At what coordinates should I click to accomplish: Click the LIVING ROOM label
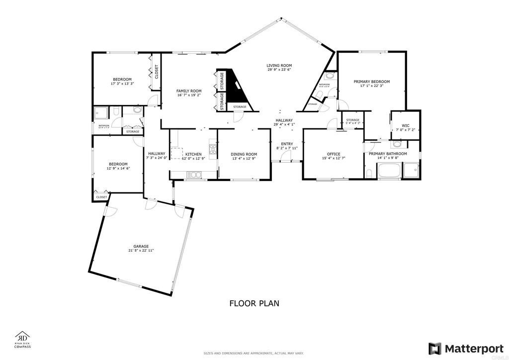tap(279, 65)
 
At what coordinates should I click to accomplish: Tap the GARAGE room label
tap(141, 246)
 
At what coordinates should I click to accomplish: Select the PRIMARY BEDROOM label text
tap(371, 81)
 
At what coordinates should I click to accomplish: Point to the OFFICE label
tap(333, 154)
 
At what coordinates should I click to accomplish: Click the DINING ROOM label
tap(244, 154)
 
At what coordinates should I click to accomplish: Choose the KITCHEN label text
tap(193, 154)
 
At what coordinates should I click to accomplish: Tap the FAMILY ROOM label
tap(189, 90)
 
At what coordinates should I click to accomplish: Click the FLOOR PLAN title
tap(254, 302)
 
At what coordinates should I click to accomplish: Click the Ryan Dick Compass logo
tap(23, 339)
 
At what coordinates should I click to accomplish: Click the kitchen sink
tap(193, 174)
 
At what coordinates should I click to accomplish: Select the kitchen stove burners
tap(213, 148)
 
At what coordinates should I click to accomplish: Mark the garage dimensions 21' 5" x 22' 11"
tap(141, 251)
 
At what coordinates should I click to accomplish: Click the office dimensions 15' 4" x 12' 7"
tap(333, 158)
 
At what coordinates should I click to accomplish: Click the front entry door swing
tap(285, 157)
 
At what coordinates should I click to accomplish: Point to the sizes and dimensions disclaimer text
tap(254, 353)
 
